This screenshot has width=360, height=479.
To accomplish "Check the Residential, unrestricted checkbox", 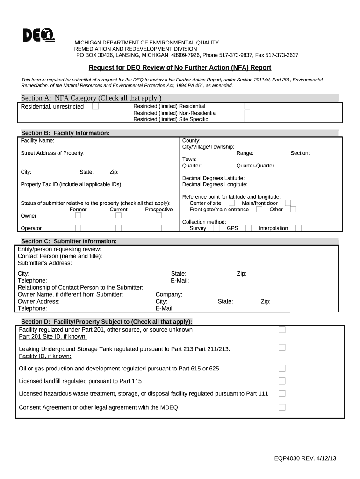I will [x=95, y=107].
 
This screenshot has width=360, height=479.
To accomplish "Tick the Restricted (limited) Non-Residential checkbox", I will [x=247, y=113].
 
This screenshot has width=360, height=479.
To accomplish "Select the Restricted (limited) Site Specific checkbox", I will [x=247, y=119].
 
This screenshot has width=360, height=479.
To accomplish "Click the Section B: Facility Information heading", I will [x=65, y=133].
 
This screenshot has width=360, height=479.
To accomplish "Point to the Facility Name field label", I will [x=37, y=140].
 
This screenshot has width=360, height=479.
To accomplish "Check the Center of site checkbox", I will [x=231, y=203].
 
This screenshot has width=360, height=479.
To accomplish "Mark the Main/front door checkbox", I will [x=288, y=203].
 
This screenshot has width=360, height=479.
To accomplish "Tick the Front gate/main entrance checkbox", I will [x=259, y=210].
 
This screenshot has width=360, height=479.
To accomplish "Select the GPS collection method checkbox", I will [x=248, y=228].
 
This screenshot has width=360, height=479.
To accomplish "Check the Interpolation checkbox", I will [x=298, y=228].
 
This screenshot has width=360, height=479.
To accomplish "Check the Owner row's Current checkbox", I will [x=118, y=216].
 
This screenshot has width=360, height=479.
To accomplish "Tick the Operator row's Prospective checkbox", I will [x=158, y=228].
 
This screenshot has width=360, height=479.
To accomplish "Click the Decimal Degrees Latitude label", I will [x=213, y=178].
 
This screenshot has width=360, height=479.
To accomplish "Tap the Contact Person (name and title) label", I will [x=60, y=256].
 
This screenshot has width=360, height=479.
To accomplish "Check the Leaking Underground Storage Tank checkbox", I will [x=282, y=348].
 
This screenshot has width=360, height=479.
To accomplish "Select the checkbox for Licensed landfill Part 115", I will [x=282, y=381].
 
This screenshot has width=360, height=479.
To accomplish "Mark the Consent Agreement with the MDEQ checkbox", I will [x=282, y=407].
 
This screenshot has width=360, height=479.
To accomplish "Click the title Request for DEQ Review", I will [x=180, y=67].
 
